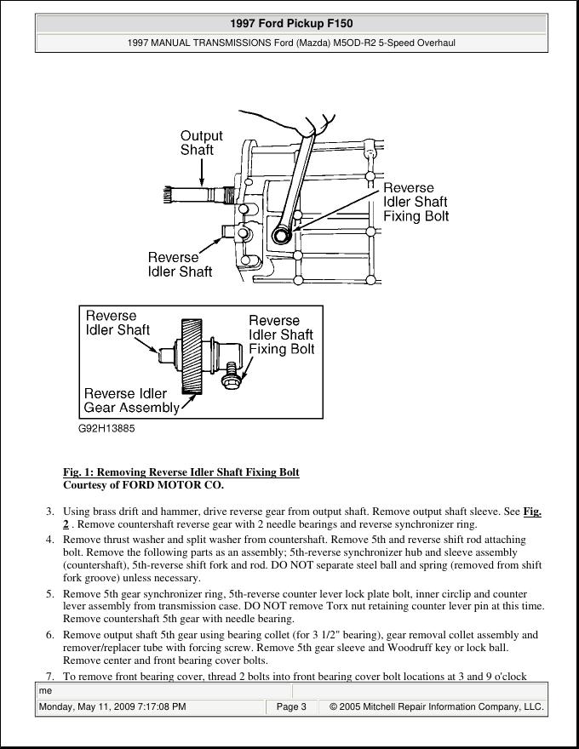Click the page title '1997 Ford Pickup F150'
tap(291, 24)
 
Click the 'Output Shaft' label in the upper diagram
tap(201, 142)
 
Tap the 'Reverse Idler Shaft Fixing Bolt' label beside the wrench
tap(415, 202)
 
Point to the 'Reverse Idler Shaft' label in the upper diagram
tap(180, 265)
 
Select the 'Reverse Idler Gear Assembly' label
tap(132, 400)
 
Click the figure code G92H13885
tap(106, 428)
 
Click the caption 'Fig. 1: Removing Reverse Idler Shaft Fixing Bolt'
tap(181, 472)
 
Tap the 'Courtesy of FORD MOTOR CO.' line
tap(143, 485)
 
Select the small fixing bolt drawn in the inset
tap(230, 379)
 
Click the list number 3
tap(49, 512)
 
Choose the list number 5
tap(49, 594)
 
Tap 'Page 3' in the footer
tap(291, 706)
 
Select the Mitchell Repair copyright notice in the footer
tap(436, 706)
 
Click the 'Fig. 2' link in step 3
tap(532, 512)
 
